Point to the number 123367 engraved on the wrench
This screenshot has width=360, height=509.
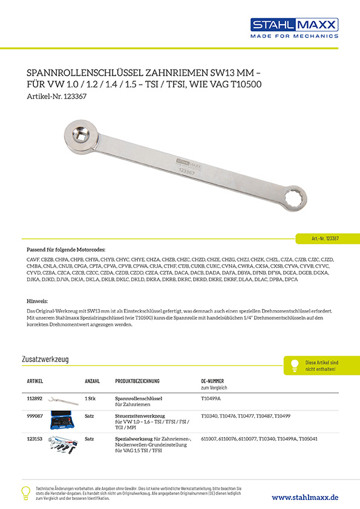point(186,172)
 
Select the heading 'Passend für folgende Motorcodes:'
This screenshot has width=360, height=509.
point(67,249)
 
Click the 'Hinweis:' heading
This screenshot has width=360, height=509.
point(38,300)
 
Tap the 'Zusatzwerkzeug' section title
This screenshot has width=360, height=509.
point(45,359)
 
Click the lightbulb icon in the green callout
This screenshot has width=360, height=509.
point(295,365)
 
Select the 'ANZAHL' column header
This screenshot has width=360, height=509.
point(93,381)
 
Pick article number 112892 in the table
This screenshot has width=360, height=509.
point(35,399)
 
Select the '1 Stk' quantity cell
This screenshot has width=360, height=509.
point(91,399)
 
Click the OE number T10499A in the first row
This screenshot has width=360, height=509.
point(211,399)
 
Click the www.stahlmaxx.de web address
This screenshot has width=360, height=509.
point(305,497)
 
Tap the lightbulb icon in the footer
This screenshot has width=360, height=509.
point(25,492)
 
